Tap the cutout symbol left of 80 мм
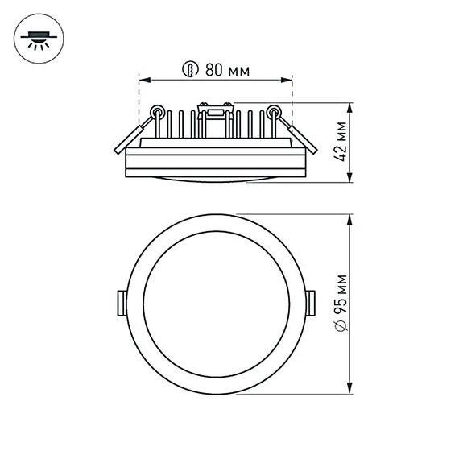(x=191, y=70)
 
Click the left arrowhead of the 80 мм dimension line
(x=143, y=80)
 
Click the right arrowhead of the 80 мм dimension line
(x=287, y=80)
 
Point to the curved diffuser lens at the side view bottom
(x=215, y=179)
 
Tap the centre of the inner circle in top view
(x=215, y=304)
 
